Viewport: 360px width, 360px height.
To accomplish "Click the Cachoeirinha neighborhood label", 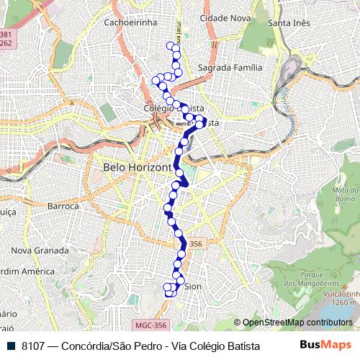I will coord(130,22).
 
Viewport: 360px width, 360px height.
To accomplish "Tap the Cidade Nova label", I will coord(225,18).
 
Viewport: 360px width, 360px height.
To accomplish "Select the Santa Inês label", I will coord(288,23).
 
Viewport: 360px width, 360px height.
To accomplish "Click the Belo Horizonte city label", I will coord(137,167).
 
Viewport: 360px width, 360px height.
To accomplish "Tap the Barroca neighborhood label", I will coord(63,206).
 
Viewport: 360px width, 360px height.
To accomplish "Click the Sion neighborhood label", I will coord(193,287).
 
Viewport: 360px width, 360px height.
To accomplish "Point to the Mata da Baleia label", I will coord(346,194).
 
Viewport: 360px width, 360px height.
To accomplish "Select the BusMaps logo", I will coord(325,346).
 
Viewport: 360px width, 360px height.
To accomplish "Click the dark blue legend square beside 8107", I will coord(12,346).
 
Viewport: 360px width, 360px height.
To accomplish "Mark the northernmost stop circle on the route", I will coord(171,47).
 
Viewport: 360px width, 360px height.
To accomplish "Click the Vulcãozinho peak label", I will coord(341,294).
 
